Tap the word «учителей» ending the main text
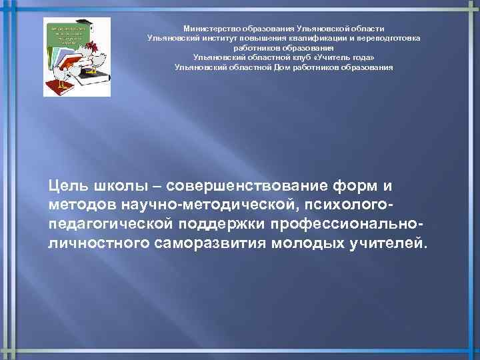(x=387, y=241)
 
